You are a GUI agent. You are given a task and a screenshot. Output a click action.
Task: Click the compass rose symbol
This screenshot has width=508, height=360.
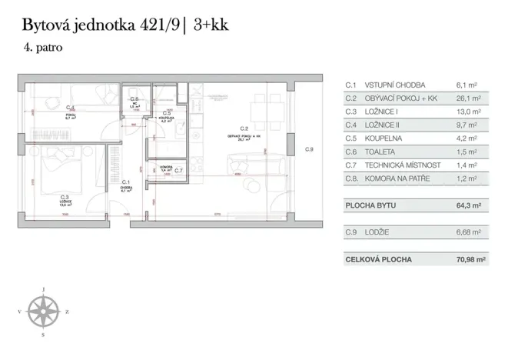click(45, 311)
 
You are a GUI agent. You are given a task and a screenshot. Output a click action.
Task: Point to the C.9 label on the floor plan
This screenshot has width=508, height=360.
click(309, 149)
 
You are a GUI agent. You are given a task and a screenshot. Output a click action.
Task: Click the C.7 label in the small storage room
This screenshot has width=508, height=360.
click(178, 170)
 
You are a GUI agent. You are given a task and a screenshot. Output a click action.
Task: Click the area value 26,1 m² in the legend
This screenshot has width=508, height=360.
click(468, 98)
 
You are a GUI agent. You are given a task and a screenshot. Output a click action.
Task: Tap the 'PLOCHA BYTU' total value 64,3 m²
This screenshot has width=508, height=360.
click(467, 205)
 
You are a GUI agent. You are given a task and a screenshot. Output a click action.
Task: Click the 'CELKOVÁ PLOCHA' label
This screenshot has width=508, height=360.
click(379, 259)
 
